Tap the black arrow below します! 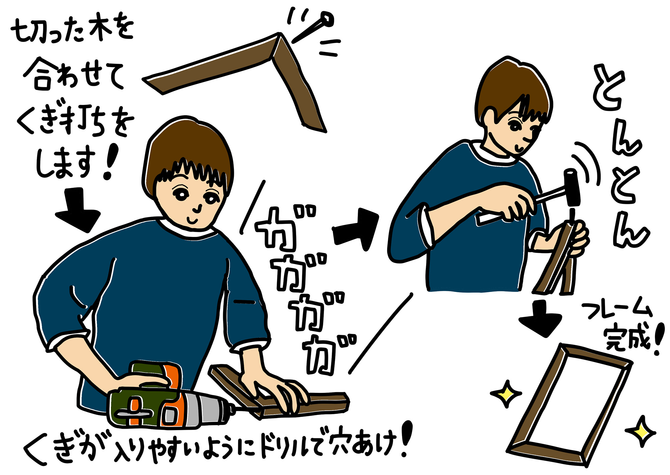coord(78,210)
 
